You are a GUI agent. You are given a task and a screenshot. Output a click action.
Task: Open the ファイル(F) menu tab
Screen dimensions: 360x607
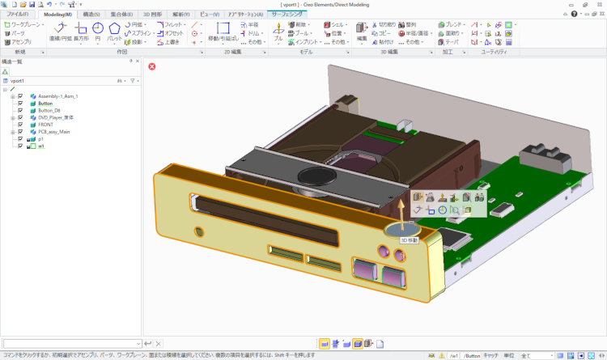click(17, 15)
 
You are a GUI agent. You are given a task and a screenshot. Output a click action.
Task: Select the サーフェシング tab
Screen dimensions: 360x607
click(289, 15)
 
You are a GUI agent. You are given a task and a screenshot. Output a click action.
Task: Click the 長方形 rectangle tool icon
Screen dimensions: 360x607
click(80, 29)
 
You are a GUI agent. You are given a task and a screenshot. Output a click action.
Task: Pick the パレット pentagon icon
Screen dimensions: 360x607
click(115, 29)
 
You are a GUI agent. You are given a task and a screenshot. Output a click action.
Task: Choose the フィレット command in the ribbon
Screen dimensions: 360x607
click(173, 25)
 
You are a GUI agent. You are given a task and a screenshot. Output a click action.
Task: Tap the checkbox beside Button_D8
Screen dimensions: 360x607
click(20, 110)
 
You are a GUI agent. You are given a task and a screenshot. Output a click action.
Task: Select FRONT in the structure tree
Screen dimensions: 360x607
click(45, 125)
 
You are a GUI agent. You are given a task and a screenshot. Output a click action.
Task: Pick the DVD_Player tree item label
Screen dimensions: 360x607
click(56, 117)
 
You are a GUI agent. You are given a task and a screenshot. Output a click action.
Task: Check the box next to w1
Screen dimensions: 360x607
click(20, 146)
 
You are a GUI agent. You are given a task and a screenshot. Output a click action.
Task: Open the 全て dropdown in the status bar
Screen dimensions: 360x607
click(529, 355)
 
